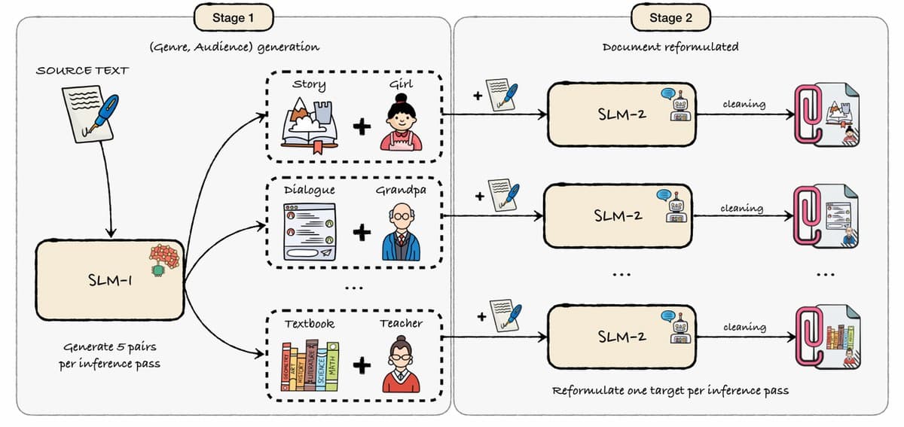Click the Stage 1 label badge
(234, 17)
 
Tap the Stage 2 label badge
(670, 17)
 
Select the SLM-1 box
(110, 280)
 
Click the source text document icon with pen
(90, 114)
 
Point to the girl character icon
(401, 122)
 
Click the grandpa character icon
(401, 232)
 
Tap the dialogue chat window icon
(310, 232)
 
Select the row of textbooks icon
(310, 366)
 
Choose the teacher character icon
(401, 364)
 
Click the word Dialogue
(310, 190)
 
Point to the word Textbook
(310, 324)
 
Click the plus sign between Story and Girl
(362, 127)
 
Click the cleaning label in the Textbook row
(744, 327)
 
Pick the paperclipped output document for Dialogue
(826, 217)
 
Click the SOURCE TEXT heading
(82, 71)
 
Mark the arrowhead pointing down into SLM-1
(111, 233)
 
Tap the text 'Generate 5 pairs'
(110, 346)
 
